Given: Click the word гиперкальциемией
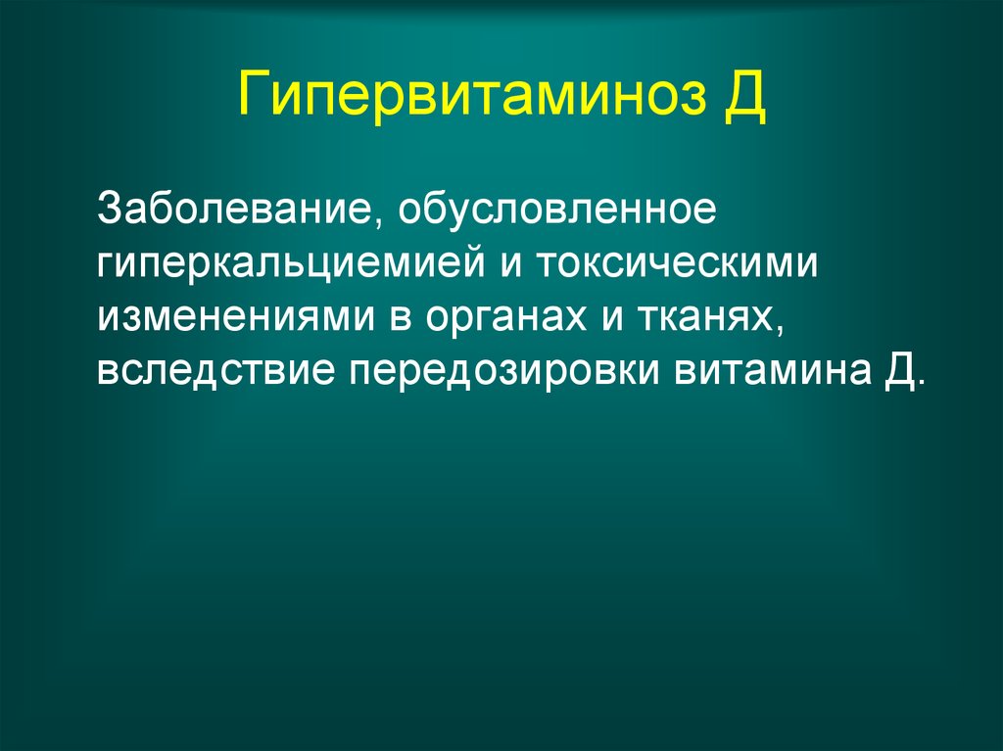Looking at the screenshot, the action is [x=291, y=263].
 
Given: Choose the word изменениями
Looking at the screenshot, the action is [x=236, y=317].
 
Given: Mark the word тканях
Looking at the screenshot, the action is [x=710, y=317].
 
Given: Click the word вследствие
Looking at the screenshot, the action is [x=215, y=370].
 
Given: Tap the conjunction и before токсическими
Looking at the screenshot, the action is [x=511, y=263].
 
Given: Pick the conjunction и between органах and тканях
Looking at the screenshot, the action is [x=613, y=318].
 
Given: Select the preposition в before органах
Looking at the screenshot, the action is [x=400, y=318].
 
